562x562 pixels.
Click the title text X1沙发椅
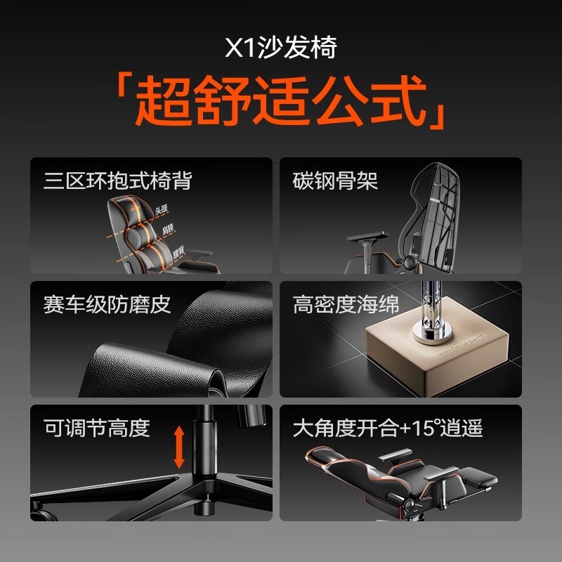(x=280, y=48)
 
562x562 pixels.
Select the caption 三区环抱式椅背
(x=117, y=181)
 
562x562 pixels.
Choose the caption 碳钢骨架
(x=335, y=181)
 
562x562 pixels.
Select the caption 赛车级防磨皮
(x=107, y=304)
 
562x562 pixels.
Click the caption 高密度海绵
(x=346, y=304)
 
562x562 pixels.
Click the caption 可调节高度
(x=96, y=428)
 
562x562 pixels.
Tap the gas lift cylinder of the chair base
(x=205, y=450)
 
